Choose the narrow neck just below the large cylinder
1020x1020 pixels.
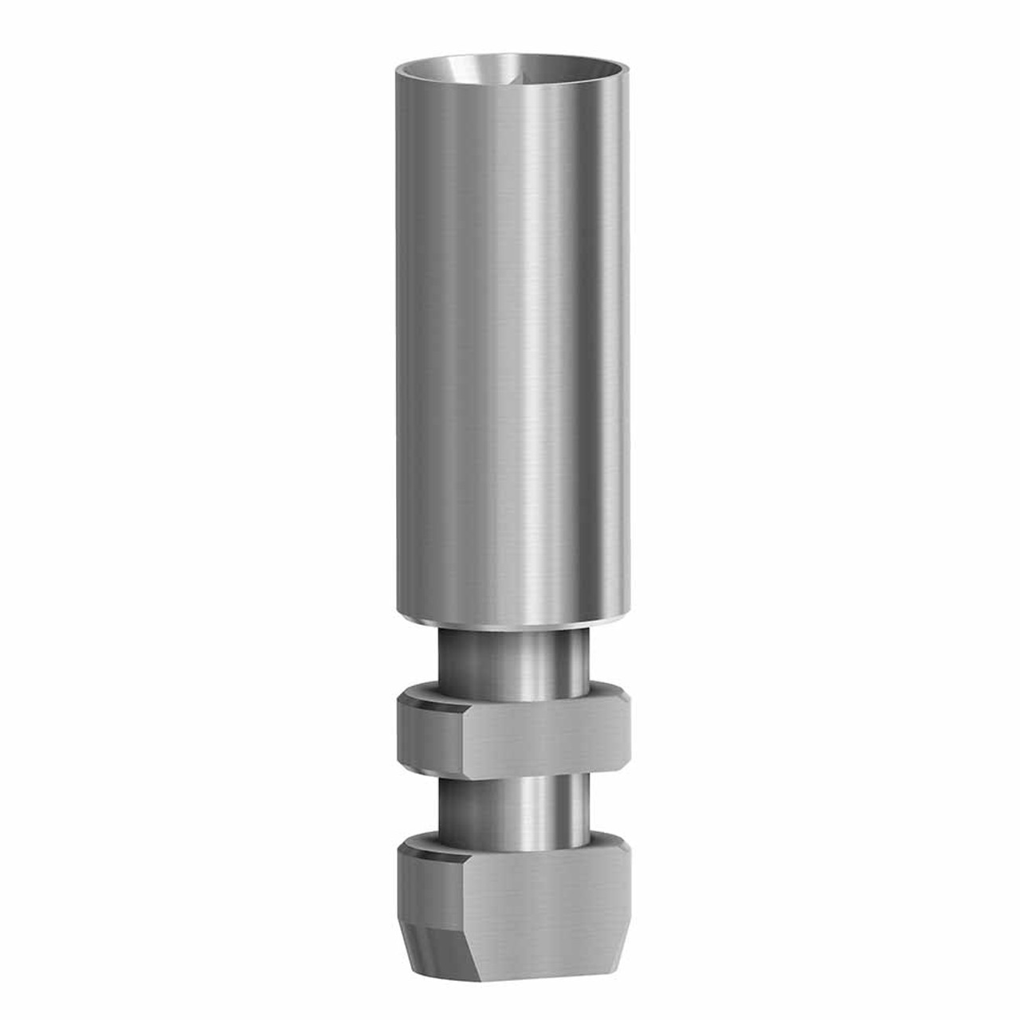click(x=510, y=653)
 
